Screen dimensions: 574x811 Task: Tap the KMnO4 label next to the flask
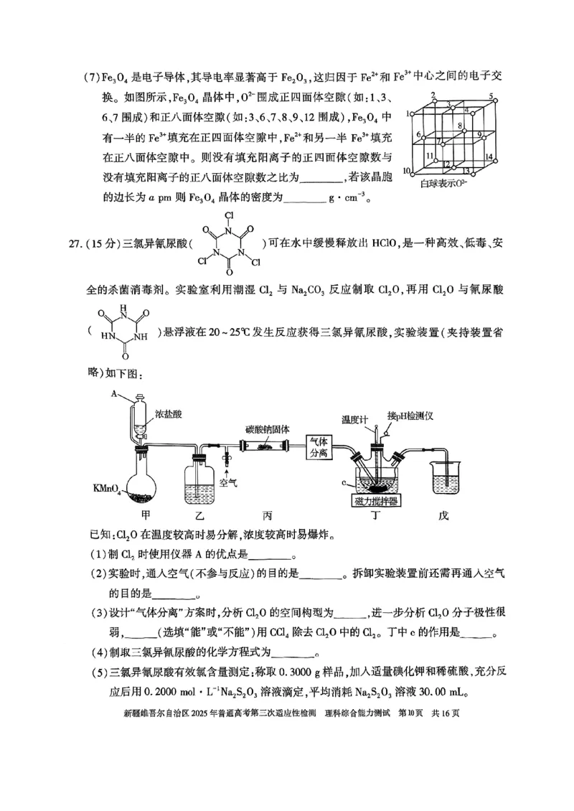(x=108, y=489)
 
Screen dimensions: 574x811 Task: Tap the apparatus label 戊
(x=446, y=515)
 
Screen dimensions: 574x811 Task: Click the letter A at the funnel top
(x=113, y=393)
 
